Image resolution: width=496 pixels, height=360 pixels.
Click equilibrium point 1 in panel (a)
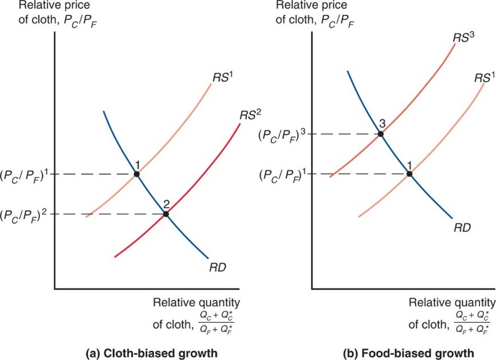tap(136, 173)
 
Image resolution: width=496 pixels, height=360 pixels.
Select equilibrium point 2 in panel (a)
tap(166, 214)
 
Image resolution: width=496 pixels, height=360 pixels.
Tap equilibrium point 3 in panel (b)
tap(380, 134)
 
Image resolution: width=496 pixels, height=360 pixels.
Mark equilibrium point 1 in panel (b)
tap(410, 173)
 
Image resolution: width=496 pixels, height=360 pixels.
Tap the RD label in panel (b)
tap(462, 227)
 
